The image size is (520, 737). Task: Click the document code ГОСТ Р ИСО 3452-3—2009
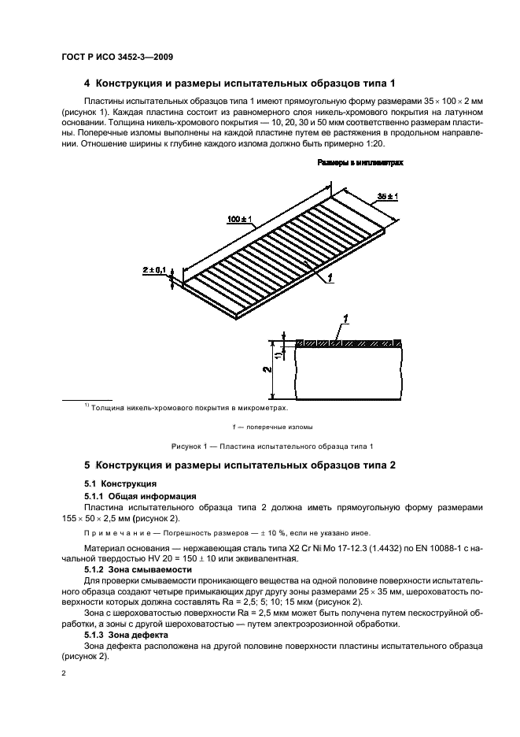116,57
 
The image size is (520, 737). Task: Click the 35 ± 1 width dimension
386,195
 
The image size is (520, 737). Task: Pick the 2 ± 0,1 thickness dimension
154,271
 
